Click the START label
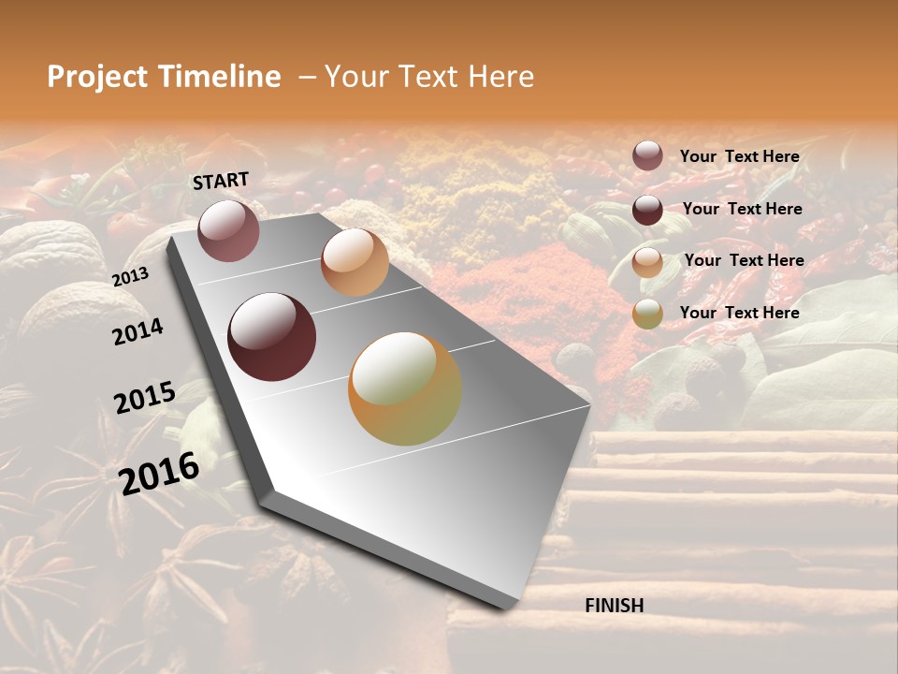[x=221, y=180]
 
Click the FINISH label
[x=614, y=606]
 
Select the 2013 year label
[x=130, y=276]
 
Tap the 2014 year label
[x=138, y=331]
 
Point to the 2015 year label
[x=144, y=398]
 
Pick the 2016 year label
[x=159, y=473]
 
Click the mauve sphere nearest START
[x=228, y=230]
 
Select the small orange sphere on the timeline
[x=355, y=262]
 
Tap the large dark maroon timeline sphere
[x=271, y=337]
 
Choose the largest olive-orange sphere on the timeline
[x=405, y=388]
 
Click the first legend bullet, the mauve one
[x=647, y=155]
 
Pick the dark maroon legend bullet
[x=647, y=210]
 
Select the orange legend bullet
[x=647, y=262]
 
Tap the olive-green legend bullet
[x=647, y=314]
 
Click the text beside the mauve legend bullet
[x=739, y=156]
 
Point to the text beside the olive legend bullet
[x=739, y=313]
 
